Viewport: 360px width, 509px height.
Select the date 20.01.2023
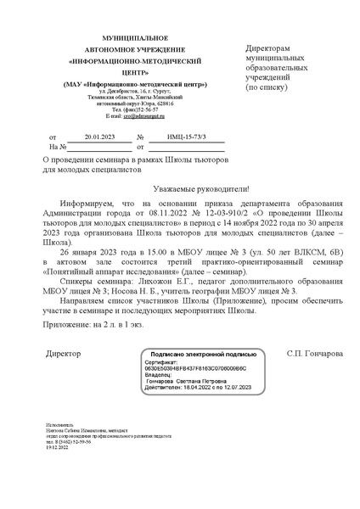coord(87,135)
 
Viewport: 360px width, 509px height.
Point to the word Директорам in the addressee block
coord(273,49)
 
